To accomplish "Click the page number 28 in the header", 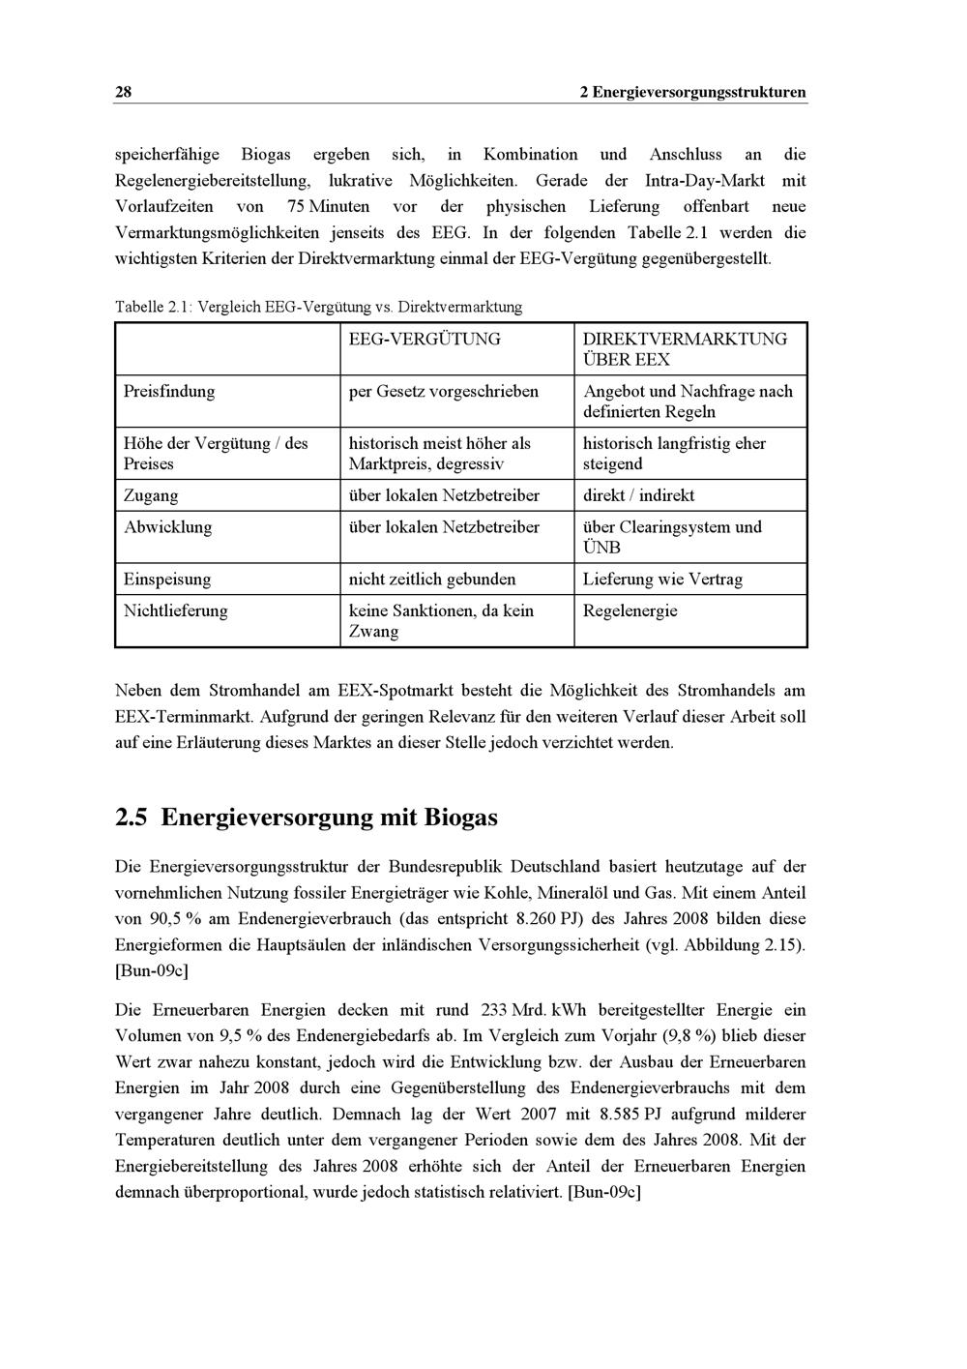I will [123, 93].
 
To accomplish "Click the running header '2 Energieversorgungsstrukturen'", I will [692, 93].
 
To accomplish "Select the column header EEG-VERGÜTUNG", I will [425, 339].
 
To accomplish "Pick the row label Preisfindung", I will [169, 391].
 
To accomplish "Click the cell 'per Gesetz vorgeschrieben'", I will [443, 391].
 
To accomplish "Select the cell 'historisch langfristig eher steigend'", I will [674, 454].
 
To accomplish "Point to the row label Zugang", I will [151, 495].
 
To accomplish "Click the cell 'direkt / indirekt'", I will [638, 495].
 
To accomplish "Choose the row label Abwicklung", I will [167, 527].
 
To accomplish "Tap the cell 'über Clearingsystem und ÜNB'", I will [672, 537].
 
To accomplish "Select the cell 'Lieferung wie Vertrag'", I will [662, 580].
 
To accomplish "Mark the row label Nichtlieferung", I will [176, 610].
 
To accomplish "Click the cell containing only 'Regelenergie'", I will [630, 610].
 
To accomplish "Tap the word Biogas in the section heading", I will [460, 818].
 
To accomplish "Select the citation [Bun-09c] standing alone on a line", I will [151, 970].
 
